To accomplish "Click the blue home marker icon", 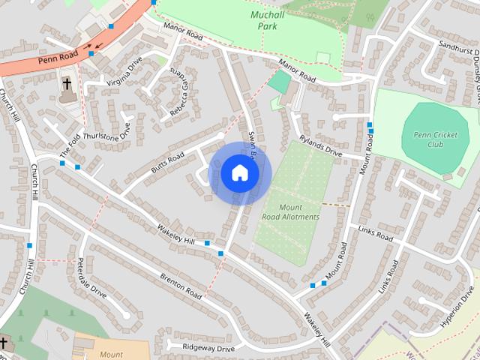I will [239, 173].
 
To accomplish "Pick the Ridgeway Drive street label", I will [200, 347].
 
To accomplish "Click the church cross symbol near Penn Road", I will [66, 83].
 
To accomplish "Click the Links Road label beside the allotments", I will [375, 234].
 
